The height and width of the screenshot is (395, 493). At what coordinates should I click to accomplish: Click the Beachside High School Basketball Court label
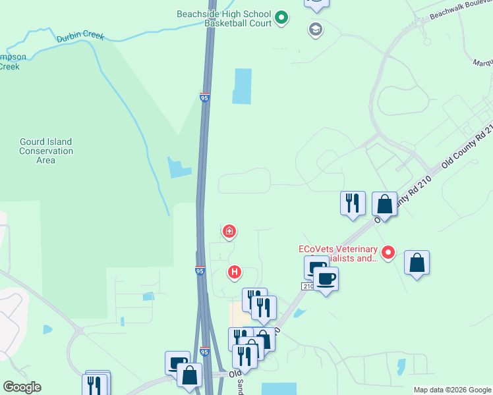[223, 18]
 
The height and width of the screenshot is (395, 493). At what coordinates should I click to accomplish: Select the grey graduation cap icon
[315, 30]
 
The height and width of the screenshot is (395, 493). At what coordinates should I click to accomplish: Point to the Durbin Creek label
[80, 36]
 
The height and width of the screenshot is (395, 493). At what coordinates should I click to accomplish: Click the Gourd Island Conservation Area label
[45, 151]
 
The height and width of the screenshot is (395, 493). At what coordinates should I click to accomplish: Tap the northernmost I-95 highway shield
[204, 97]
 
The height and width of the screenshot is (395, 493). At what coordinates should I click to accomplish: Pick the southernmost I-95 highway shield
[204, 352]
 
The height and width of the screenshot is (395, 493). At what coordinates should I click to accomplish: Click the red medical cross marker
[229, 231]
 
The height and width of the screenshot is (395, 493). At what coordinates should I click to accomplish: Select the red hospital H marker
[234, 271]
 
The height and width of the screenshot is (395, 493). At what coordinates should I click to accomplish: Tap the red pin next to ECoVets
[388, 251]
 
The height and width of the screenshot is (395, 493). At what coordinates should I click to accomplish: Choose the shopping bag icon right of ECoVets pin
[417, 263]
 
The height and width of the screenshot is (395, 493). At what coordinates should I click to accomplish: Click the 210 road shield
[308, 286]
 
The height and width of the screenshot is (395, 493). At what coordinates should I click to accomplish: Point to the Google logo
[22, 387]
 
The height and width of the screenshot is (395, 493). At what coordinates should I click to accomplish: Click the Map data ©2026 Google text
[452, 390]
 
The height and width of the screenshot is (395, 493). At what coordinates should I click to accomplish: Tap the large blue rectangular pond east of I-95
[242, 86]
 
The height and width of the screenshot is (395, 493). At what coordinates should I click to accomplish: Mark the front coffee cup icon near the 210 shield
[325, 279]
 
